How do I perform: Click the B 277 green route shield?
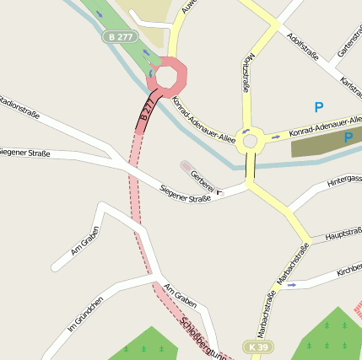point(119,36)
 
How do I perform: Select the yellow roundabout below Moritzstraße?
point(248,139)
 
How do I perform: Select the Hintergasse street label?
point(343,180)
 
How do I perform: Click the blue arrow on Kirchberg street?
point(291,285)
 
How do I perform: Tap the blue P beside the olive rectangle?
point(348,137)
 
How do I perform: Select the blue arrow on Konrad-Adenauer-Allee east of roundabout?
point(276,135)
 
